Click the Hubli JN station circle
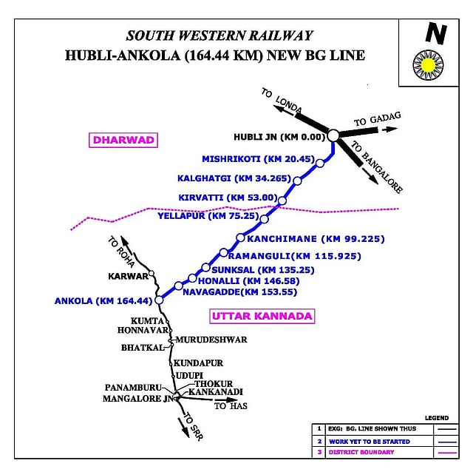click(x=333, y=135)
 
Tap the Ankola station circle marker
click(x=159, y=300)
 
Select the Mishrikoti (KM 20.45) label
click(x=258, y=159)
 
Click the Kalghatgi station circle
click(x=297, y=181)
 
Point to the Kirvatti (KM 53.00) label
click(x=228, y=198)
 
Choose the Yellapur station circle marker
click(x=264, y=219)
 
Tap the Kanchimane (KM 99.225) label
click(x=316, y=239)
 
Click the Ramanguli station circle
click(x=223, y=252)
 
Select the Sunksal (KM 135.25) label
click(x=263, y=270)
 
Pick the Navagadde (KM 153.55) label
click(x=239, y=292)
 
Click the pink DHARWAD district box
click(x=123, y=140)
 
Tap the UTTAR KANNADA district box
click(x=262, y=316)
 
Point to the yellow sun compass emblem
click(x=428, y=65)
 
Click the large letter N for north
click(x=436, y=33)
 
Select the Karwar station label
click(x=128, y=276)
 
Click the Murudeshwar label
click(x=211, y=340)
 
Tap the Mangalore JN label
click(x=138, y=399)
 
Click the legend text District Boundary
click(x=361, y=452)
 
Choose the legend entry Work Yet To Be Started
click(x=370, y=442)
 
